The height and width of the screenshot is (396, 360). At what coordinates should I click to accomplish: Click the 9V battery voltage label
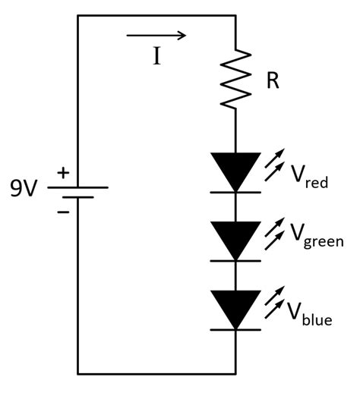point(24,187)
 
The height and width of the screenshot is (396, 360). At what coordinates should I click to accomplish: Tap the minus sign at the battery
point(63,210)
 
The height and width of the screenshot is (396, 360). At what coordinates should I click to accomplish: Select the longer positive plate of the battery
point(78,187)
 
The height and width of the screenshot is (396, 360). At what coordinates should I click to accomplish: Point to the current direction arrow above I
point(156,35)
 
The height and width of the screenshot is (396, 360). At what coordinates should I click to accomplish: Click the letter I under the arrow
point(156,58)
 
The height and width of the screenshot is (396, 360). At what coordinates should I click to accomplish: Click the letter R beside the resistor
point(273,81)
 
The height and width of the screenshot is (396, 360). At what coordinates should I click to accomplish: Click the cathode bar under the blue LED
point(236,328)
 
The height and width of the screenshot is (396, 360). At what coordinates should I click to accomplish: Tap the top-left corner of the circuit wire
point(78,15)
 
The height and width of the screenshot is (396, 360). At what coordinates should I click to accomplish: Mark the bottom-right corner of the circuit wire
point(236,373)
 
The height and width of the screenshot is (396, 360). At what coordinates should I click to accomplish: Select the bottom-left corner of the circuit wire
point(78,373)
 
